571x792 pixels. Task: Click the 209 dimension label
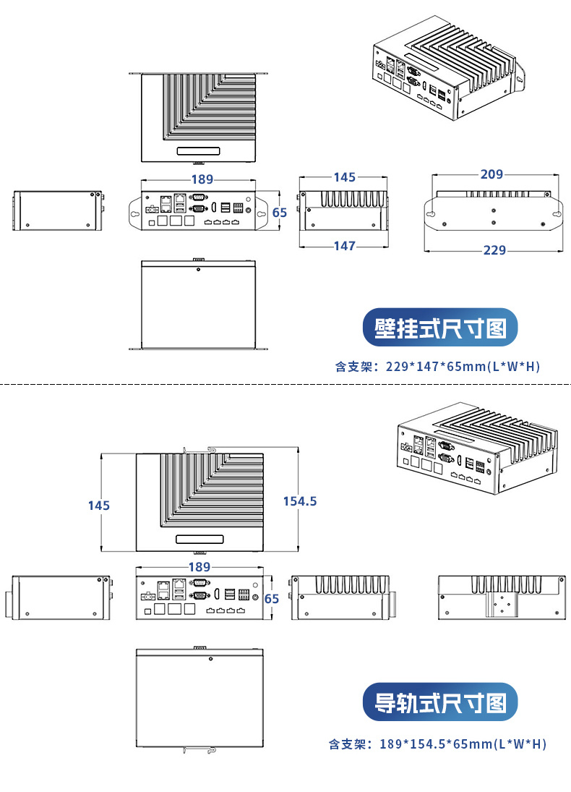[492, 174]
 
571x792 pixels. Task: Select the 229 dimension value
[494, 250]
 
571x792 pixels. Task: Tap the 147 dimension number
[345, 246]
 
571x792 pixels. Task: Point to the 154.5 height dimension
[299, 501]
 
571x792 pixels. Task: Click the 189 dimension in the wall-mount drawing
[202, 179]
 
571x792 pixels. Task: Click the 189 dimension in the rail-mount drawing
[199, 567]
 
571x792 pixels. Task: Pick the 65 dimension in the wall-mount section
[280, 213]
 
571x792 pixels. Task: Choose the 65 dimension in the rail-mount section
[271, 599]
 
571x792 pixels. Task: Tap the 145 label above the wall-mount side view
[345, 177]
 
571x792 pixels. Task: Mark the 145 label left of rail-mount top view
[99, 506]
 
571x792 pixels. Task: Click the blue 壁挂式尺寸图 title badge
[440, 329]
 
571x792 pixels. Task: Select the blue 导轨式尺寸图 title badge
[440, 702]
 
